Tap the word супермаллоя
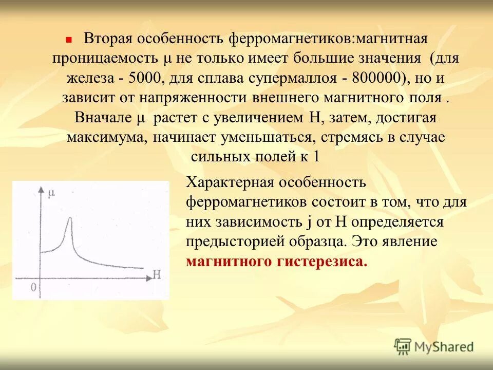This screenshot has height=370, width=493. (294, 78)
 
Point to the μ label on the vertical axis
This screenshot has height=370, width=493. (51, 194)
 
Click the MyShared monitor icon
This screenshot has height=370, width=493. (403, 347)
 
